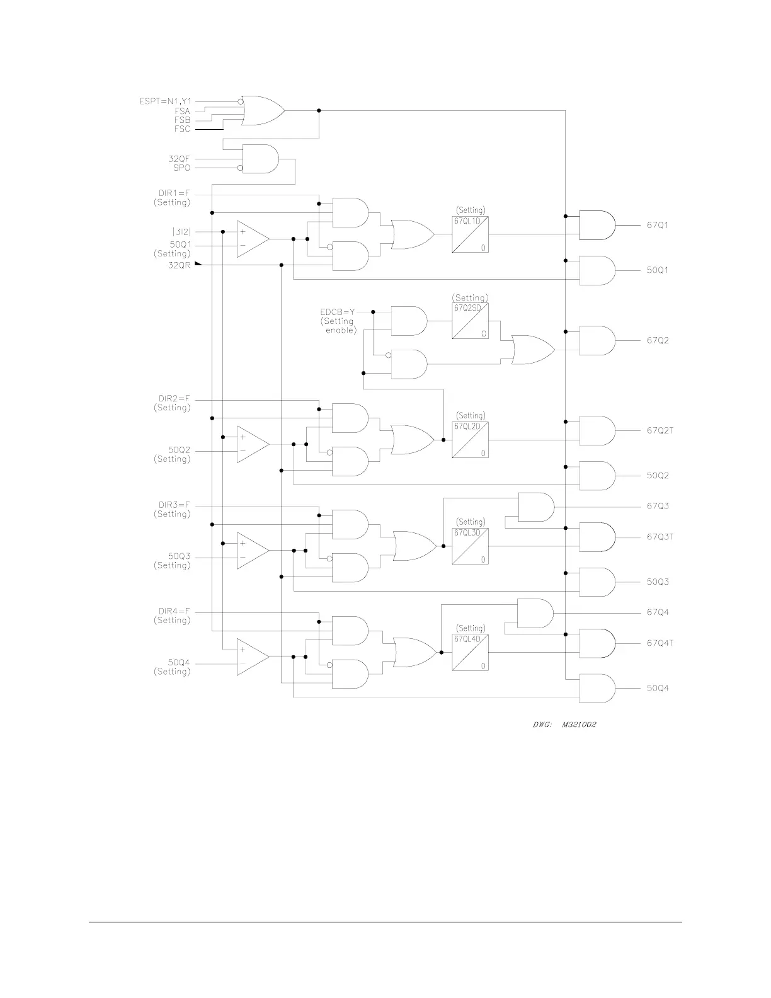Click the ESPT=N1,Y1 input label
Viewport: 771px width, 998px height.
[x=164, y=101]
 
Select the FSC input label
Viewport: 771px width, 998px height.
[x=182, y=129]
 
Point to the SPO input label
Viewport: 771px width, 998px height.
[x=181, y=168]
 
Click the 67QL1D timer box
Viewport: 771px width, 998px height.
[x=470, y=235]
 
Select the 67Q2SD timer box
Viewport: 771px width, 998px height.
[x=470, y=321]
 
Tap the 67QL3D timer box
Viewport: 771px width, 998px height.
[x=470, y=546]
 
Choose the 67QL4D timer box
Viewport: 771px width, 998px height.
[x=470, y=653]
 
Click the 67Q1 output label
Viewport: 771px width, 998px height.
[x=658, y=225]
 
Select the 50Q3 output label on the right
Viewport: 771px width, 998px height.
[x=658, y=582]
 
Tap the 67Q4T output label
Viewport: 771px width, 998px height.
[x=660, y=643]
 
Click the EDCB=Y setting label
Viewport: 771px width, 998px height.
[x=338, y=312]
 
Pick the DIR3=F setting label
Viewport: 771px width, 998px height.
[x=174, y=505]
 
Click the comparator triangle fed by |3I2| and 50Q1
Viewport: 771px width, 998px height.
[x=251, y=239]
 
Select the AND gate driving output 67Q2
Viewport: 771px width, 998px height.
[x=596, y=341]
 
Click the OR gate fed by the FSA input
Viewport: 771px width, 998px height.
[x=262, y=111]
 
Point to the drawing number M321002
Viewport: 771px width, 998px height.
[x=579, y=725]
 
